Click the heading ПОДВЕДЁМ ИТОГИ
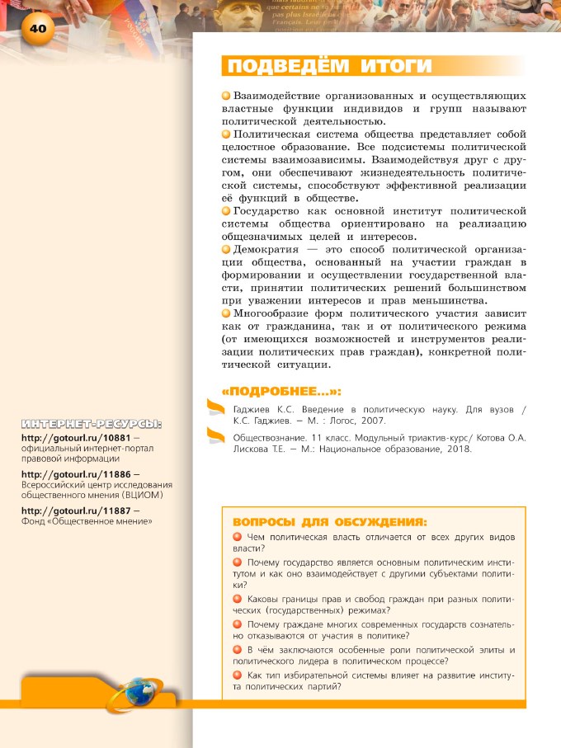(330, 66)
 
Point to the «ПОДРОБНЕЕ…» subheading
(281, 391)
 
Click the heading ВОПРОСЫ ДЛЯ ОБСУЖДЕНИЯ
(330, 521)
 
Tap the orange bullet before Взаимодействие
(226, 96)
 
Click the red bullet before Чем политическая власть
(238, 537)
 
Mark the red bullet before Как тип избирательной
(238, 676)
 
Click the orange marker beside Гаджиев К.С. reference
(214, 406)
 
